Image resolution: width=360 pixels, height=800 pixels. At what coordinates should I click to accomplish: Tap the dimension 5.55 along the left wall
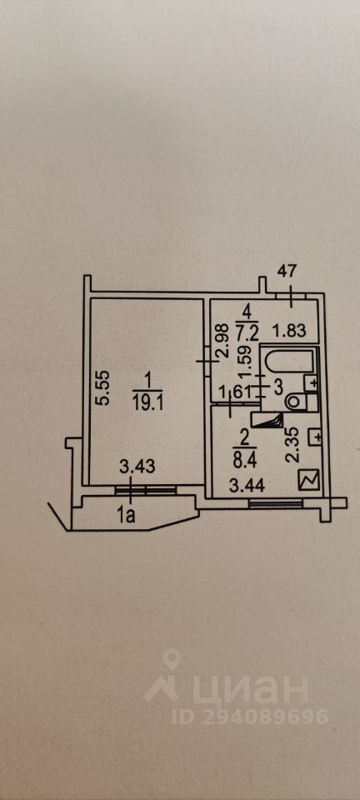tap(103, 387)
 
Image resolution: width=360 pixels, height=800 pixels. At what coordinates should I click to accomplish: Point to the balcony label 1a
tap(127, 517)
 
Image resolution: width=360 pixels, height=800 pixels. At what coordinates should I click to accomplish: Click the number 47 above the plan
tap(287, 271)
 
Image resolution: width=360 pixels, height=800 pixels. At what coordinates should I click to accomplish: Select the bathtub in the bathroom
tap(286, 364)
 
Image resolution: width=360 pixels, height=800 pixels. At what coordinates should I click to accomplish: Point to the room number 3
tap(278, 387)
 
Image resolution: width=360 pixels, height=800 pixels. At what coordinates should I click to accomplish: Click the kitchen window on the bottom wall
tap(275, 504)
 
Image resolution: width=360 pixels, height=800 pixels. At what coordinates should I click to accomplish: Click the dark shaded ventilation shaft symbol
tap(270, 420)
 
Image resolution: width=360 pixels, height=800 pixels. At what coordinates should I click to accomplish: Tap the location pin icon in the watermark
tap(172, 658)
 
